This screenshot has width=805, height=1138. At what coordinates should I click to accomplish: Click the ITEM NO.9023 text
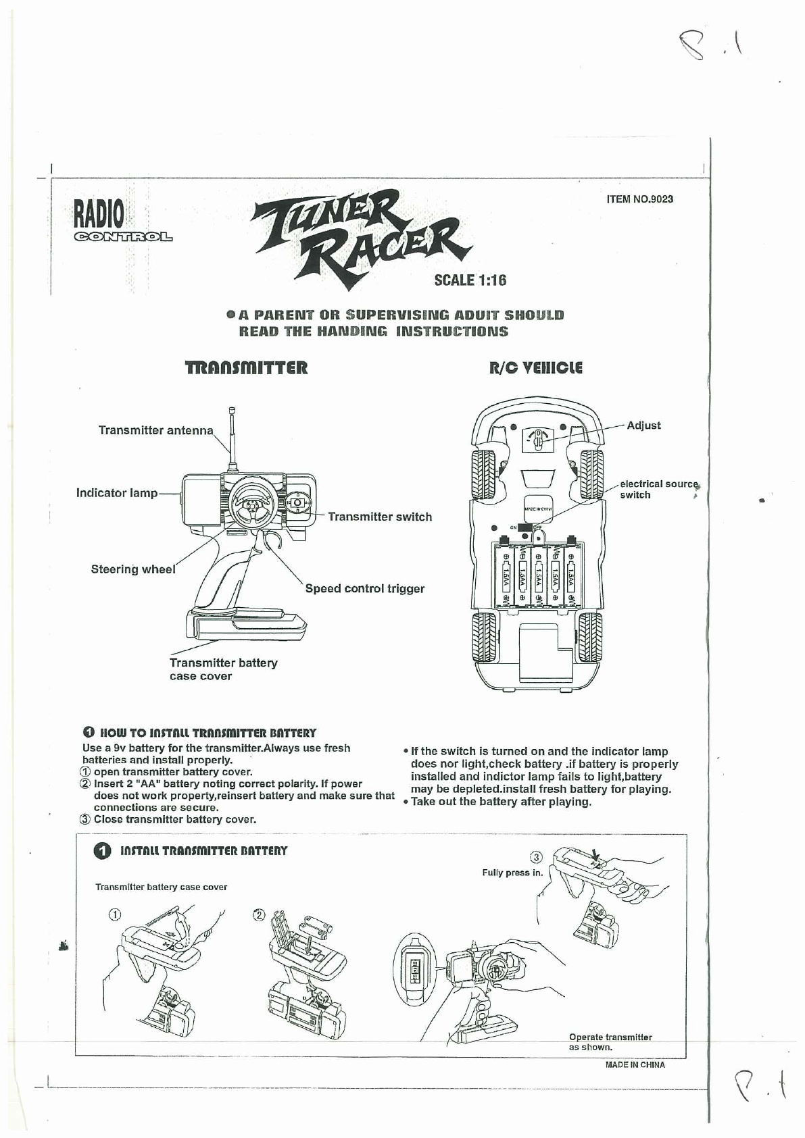pyautogui.click(x=639, y=199)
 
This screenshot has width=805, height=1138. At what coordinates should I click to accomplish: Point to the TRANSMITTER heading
pyautogui.click(x=246, y=368)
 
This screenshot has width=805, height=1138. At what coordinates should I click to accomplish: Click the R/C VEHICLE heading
pyautogui.click(x=535, y=368)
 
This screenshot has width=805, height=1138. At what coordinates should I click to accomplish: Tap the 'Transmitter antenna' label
pyautogui.click(x=155, y=430)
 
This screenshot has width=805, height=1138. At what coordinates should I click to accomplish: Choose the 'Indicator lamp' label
pyautogui.click(x=116, y=493)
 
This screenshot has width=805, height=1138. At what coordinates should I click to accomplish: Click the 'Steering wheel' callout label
pyautogui.click(x=133, y=569)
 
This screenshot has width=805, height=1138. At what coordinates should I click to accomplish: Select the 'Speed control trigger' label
pyautogui.click(x=364, y=588)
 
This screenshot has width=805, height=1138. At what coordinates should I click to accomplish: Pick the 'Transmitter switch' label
pyautogui.click(x=379, y=517)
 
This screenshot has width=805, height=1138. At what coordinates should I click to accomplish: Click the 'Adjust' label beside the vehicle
pyautogui.click(x=643, y=425)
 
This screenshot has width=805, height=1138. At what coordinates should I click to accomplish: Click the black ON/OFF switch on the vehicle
pyautogui.click(x=525, y=527)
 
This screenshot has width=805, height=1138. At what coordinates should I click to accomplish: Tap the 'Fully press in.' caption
pyautogui.click(x=512, y=873)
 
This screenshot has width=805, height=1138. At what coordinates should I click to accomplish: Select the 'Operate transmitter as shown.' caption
pyautogui.click(x=610, y=1042)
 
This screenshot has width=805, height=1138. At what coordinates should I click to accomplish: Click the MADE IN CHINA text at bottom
pyautogui.click(x=635, y=1065)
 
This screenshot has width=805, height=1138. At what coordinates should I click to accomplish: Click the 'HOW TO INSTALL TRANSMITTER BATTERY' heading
pyautogui.click(x=208, y=733)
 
